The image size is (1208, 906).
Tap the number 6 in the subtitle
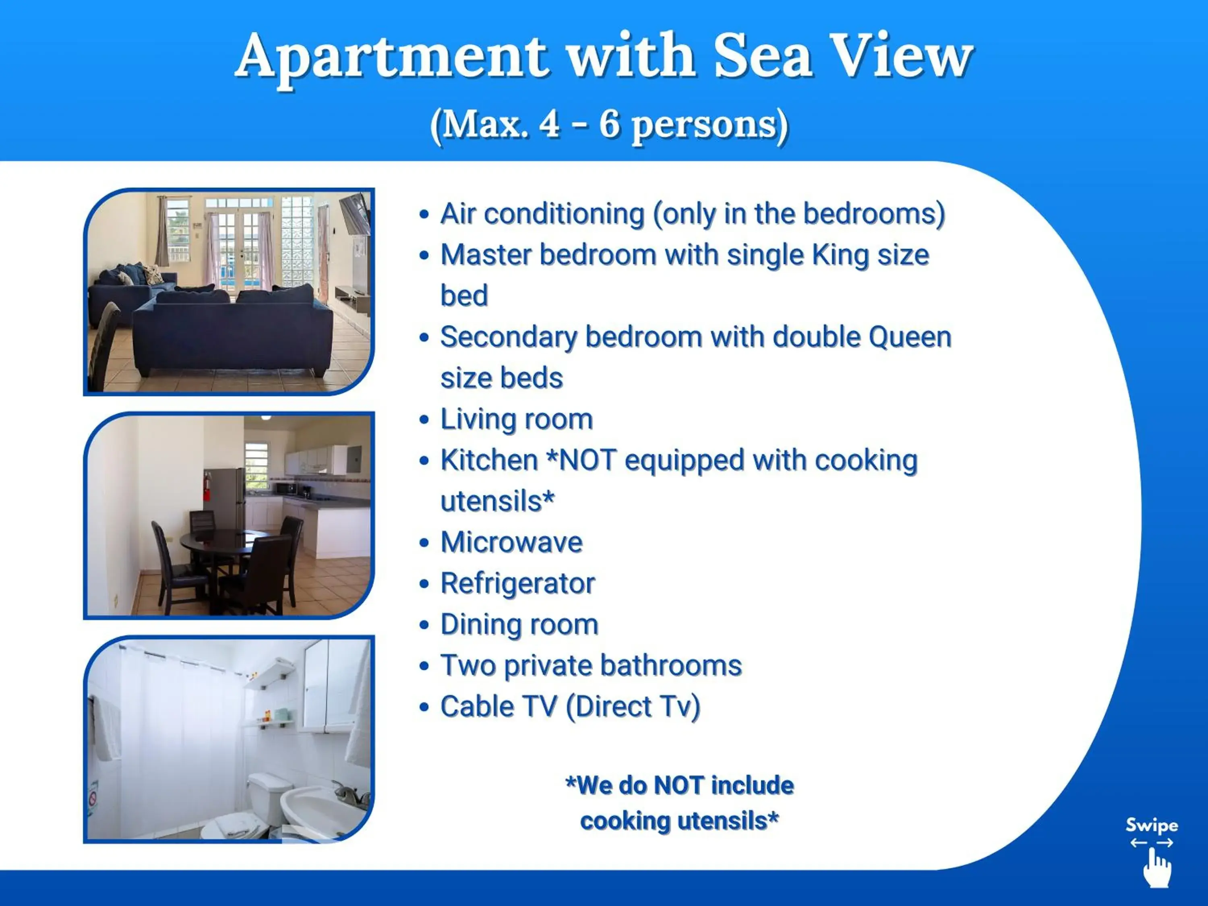tap(609, 124)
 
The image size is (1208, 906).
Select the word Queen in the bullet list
tap(910, 337)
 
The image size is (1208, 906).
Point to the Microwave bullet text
tap(511, 542)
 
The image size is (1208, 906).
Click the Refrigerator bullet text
tap(517, 583)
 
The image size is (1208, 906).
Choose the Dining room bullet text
tap(519, 624)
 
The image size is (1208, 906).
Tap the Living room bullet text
tap(516, 420)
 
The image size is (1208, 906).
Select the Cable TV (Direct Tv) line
tap(570, 707)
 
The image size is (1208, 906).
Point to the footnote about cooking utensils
tap(679, 803)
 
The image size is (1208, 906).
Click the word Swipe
tap(1152, 825)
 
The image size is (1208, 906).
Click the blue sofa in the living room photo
tap(232, 333)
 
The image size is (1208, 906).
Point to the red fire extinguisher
tap(207, 486)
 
